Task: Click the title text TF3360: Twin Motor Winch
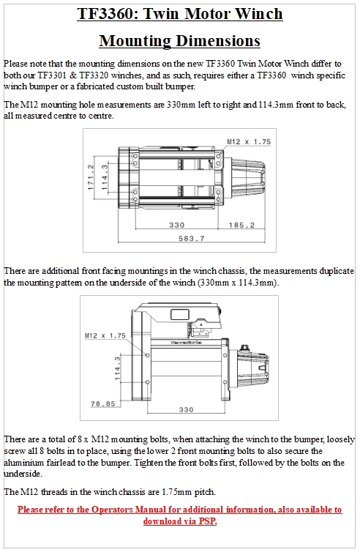(180, 14)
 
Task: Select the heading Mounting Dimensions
(180, 41)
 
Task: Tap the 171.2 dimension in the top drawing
(91, 177)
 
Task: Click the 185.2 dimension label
(241, 225)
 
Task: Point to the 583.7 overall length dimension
(191, 239)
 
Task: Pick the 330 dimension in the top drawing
(176, 225)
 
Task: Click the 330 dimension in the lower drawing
(186, 409)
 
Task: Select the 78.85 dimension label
(103, 404)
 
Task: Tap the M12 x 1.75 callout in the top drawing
(249, 141)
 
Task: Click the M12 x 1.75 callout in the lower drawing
(105, 335)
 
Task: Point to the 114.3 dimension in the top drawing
(105, 177)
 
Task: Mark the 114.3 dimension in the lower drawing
(117, 368)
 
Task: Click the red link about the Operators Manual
(180, 515)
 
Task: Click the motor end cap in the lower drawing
(252, 370)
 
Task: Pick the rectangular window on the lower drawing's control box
(180, 314)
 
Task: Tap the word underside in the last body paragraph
(23, 474)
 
